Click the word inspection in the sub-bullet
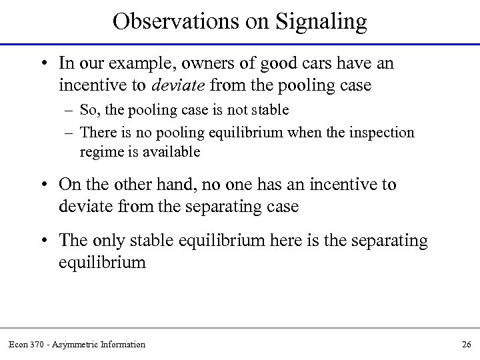coord(382,133)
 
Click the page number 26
coord(466,344)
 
